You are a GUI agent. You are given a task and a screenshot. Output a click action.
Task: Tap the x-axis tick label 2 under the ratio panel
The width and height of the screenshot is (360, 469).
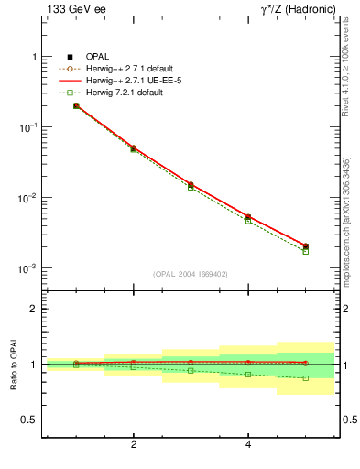point(134,445)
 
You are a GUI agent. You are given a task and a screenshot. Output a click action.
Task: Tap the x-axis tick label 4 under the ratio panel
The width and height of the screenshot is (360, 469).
point(248,445)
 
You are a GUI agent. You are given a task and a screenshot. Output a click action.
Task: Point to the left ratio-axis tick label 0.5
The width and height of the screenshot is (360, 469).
point(28,420)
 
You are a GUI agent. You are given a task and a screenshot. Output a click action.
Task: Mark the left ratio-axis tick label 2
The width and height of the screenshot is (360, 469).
point(33,309)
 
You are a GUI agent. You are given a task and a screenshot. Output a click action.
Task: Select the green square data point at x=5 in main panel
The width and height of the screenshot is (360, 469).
point(306,251)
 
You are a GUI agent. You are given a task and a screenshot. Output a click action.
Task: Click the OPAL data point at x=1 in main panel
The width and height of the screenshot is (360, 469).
point(76,106)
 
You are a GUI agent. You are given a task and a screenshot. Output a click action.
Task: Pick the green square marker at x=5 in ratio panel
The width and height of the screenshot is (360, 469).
point(306,377)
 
